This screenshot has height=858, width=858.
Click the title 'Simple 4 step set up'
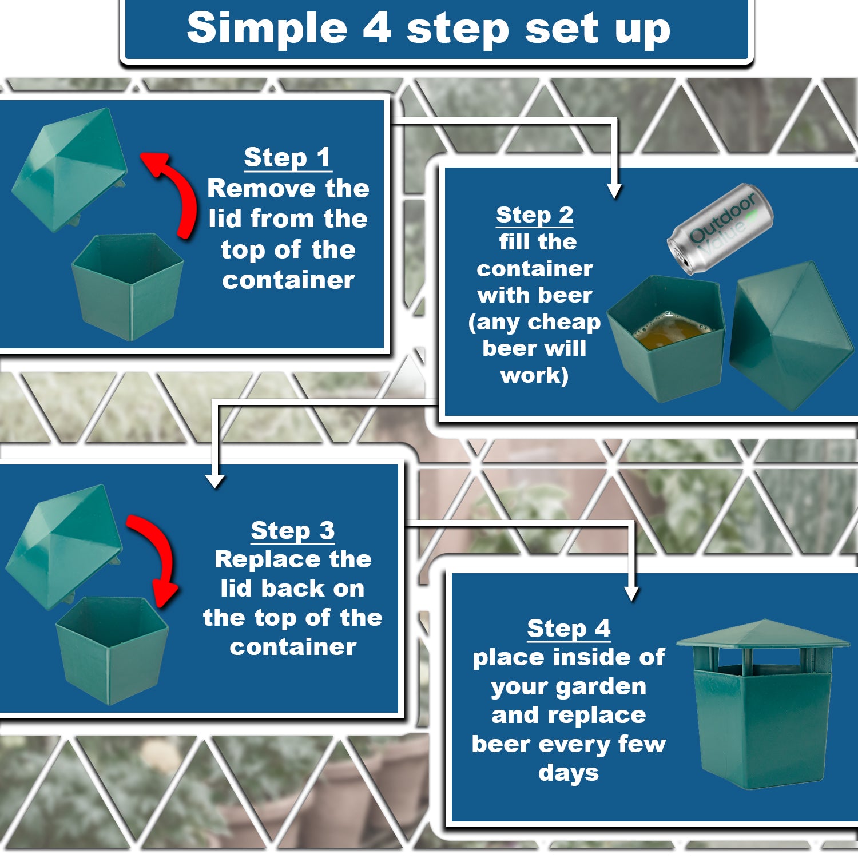tap(428, 28)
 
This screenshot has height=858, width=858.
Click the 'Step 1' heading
tap(287, 157)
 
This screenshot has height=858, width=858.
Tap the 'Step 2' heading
tap(534, 215)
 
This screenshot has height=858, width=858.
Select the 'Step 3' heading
tap(293, 530)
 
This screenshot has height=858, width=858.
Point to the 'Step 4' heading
tap(569, 628)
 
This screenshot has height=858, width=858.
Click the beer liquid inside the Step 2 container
tap(669, 332)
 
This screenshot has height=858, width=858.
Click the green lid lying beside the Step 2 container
tap(790, 335)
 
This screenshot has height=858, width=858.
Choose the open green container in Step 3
tap(112, 649)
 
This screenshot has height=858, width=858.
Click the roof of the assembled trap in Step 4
tap(763, 635)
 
